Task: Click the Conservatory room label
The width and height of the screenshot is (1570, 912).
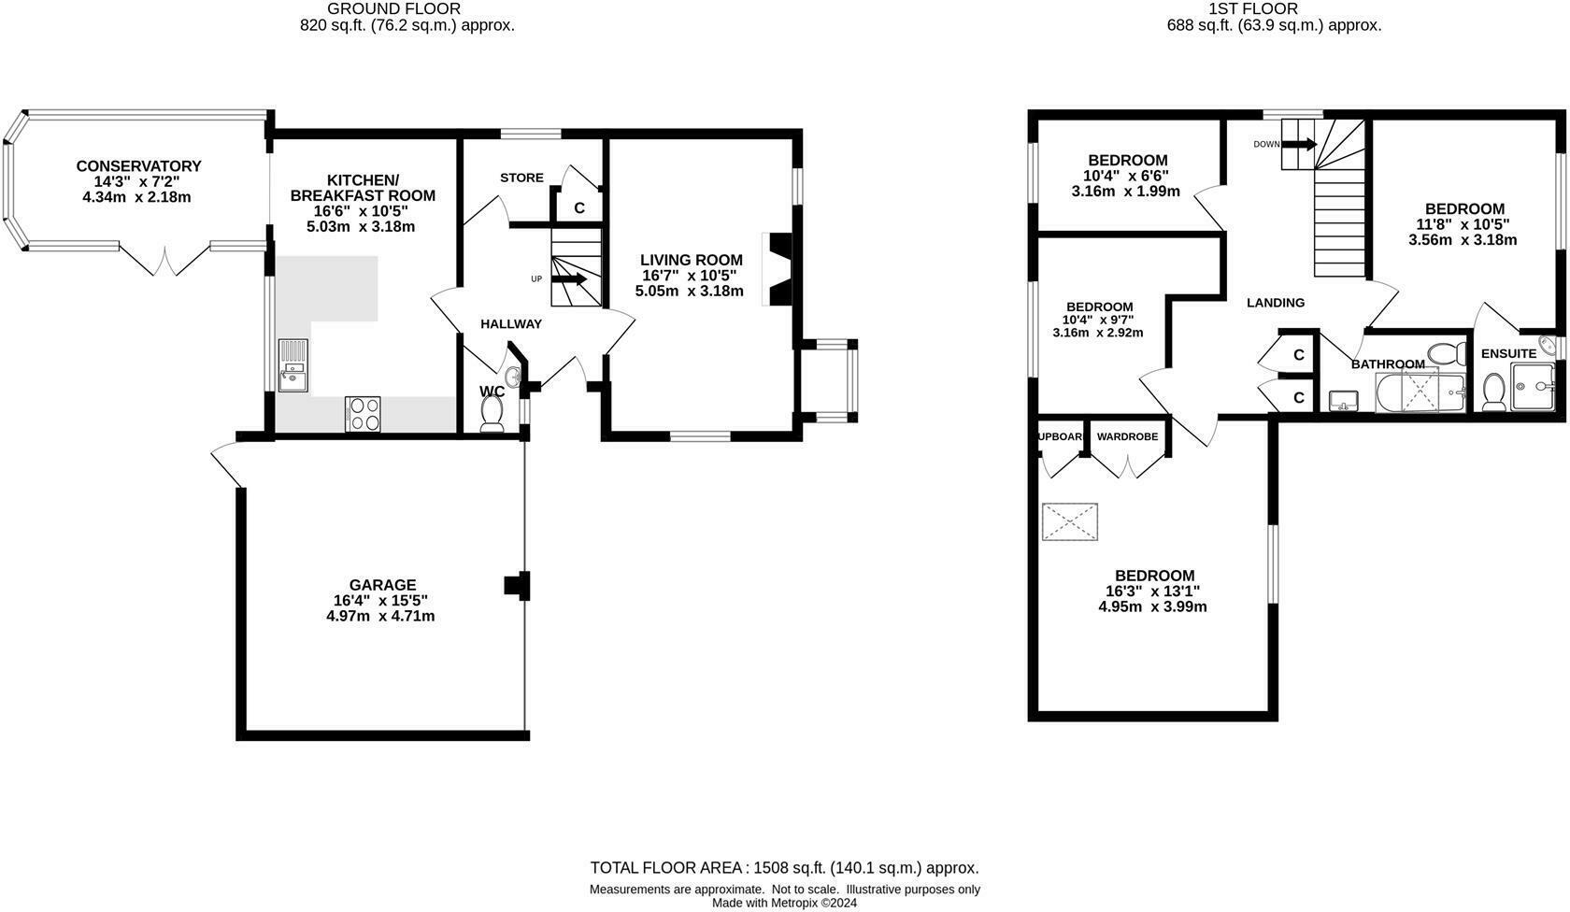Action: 138,166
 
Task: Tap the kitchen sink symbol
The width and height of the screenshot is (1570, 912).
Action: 293,364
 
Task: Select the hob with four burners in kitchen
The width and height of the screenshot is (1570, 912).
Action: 363,413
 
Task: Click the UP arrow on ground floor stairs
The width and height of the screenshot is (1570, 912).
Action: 569,278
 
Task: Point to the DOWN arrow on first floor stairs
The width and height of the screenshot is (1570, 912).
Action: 1298,144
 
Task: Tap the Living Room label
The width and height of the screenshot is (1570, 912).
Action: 691,260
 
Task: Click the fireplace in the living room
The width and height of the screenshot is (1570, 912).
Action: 778,269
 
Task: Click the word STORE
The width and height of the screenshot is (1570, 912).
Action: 521,178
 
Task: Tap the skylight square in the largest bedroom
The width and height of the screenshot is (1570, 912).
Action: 1069,521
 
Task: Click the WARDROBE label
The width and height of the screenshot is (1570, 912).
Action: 1127,436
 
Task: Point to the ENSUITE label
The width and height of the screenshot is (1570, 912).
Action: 1508,354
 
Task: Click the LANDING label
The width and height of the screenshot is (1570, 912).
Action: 1276,302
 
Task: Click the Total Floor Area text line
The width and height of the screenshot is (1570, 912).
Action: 784,868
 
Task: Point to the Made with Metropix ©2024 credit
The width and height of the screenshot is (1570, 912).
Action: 784,903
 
